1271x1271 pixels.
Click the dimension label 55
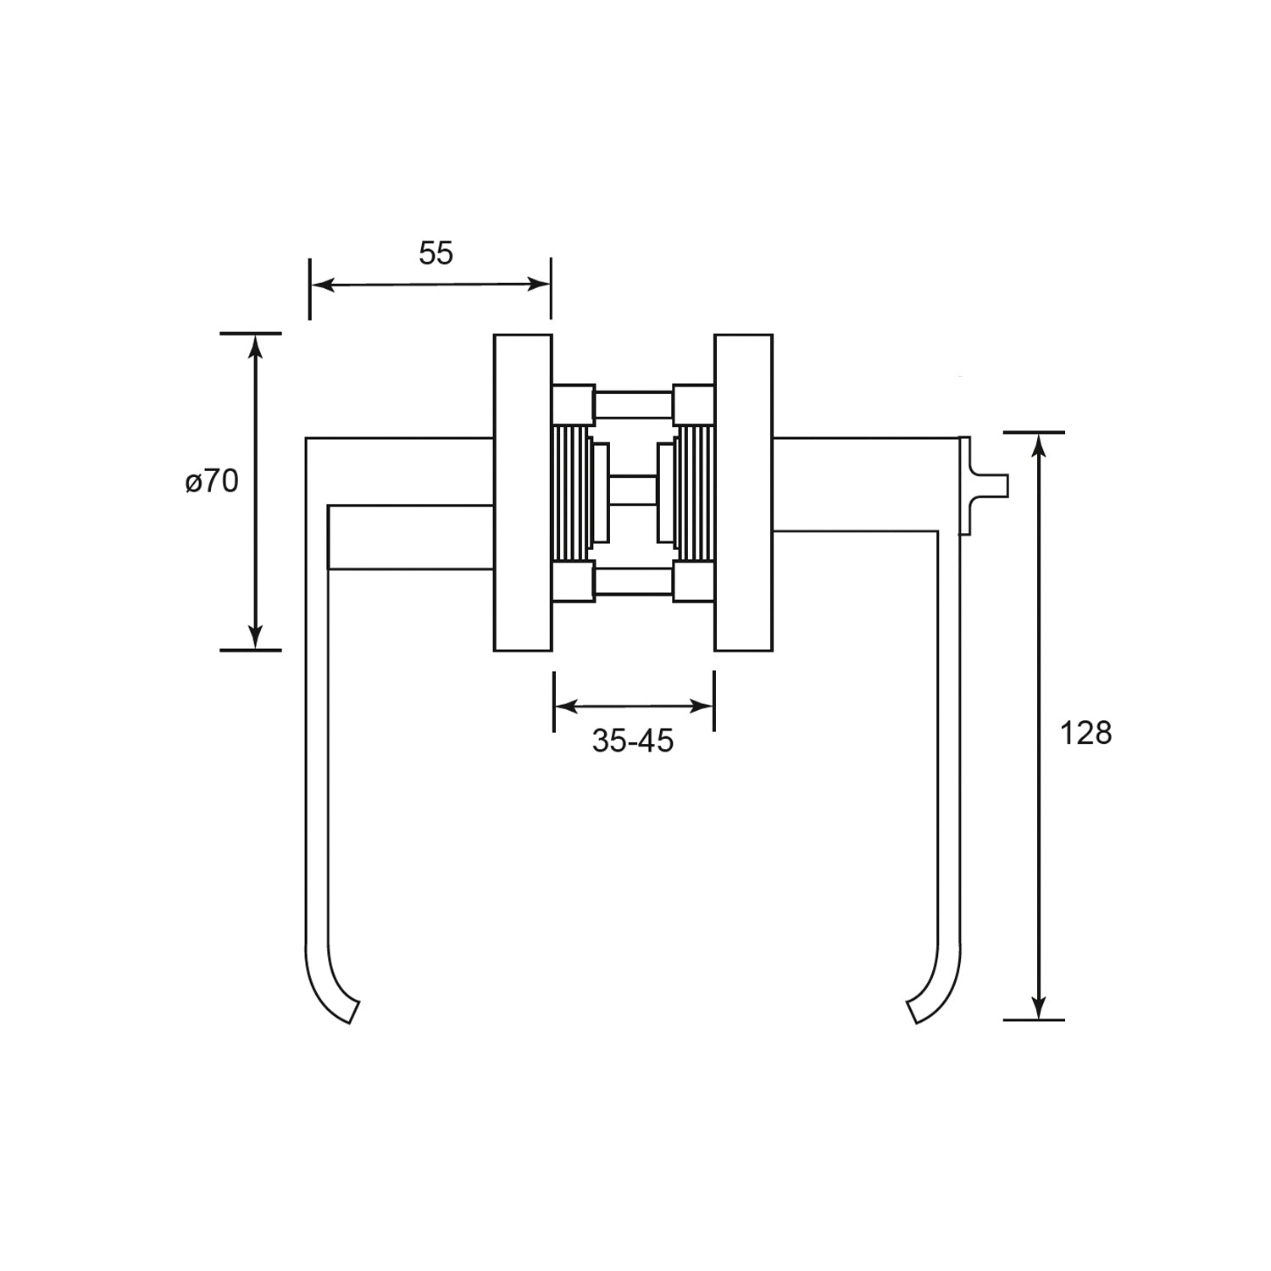[x=436, y=253]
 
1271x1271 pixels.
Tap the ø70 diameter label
[x=212, y=481]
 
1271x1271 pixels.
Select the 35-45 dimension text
[x=633, y=741]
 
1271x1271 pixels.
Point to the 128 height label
[x=1085, y=733]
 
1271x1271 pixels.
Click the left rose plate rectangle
[x=523, y=492]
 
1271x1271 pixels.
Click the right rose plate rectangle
[x=744, y=492]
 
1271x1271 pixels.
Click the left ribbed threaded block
[x=571, y=493]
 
